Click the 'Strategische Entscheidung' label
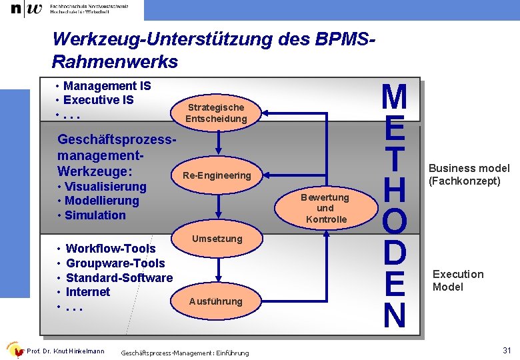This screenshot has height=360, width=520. click(x=216, y=113)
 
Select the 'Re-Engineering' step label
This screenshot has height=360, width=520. click(x=216, y=175)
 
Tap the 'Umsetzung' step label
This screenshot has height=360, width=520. click(x=217, y=239)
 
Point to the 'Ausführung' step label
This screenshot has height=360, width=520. click(x=215, y=301)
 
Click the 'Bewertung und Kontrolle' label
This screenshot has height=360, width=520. click(x=326, y=208)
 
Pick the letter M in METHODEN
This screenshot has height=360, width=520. click(x=394, y=97)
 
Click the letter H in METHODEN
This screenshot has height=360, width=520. click(x=394, y=189)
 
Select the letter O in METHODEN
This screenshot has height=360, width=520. click(x=394, y=221)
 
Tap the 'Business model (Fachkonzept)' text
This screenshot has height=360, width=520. click(x=469, y=175)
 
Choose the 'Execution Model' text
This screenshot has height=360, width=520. click(x=458, y=281)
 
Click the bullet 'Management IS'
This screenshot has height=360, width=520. click(x=107, y=86)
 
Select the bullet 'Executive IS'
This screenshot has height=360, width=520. click(x=98, y=100)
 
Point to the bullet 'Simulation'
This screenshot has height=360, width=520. click(x=95, y=215)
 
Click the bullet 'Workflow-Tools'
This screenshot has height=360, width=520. click(x=110, y=249)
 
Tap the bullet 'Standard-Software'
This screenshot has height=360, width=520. click(x=119, y=277)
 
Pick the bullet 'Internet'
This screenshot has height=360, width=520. click(x=88, y=292)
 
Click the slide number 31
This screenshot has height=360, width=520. click(x=506, y=351)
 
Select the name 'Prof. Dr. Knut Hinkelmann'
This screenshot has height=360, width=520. click(x=65, y=351)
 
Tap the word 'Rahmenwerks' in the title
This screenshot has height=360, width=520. click(x=115, y=62)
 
